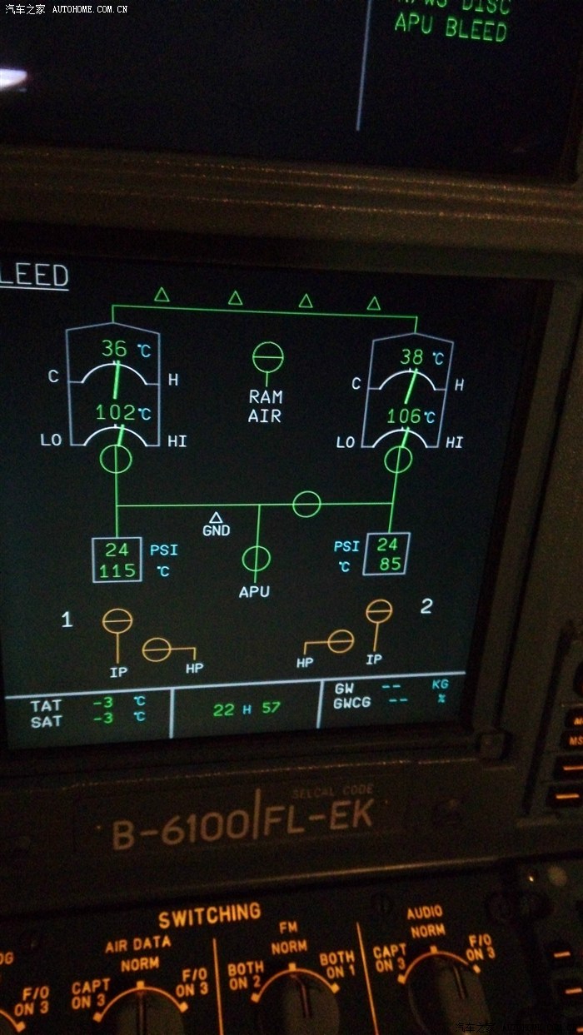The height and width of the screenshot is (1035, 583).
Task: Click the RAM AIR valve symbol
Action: tap(267, 358)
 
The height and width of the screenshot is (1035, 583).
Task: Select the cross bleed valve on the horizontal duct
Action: tap(306, 503)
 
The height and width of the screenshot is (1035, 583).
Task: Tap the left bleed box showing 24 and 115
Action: tap(117, 560)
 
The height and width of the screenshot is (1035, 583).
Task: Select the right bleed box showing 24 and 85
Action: tap(388, 554)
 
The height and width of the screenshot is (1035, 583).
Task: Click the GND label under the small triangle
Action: tap(217, 530)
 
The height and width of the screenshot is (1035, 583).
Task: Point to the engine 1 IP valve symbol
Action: tap(117, 620)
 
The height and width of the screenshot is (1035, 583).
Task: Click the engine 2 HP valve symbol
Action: tap(340, 640)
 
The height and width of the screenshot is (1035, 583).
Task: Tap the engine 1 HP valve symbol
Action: tap(157, 649)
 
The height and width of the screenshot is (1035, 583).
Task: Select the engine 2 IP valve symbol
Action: tap(379, 611)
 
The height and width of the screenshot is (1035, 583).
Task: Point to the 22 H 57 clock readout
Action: tap(247, 709)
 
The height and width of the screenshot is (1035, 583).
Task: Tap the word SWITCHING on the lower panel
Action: tap(210, 917)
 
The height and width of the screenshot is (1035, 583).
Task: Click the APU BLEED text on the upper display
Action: tap(451, 29)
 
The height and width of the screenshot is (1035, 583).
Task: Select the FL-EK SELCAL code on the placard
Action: tap(316, 819)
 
